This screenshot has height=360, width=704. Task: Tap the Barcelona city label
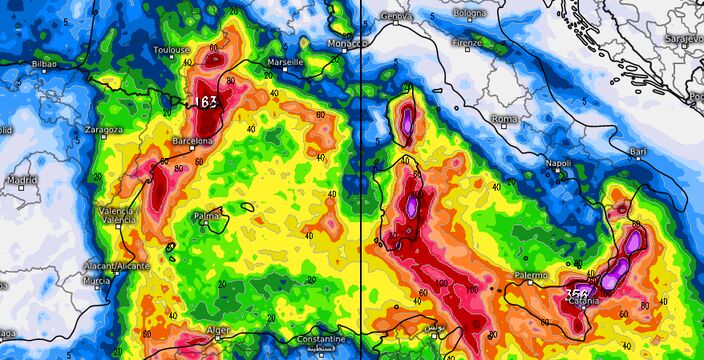tap(192, 141)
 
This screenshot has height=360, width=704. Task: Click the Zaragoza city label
tap(103, 129)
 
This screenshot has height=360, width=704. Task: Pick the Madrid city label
tap(23, 180)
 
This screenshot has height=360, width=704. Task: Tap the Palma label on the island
tap(207, 215)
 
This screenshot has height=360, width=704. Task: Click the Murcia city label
tap(96, 281)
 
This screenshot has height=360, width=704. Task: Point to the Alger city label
tap(217, 329)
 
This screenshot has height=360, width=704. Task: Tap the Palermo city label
tap(531, 274)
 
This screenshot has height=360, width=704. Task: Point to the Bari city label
tap(638, 151)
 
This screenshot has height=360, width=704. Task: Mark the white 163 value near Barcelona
tap(207, 101)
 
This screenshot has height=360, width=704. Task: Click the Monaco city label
tap(344, 46)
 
